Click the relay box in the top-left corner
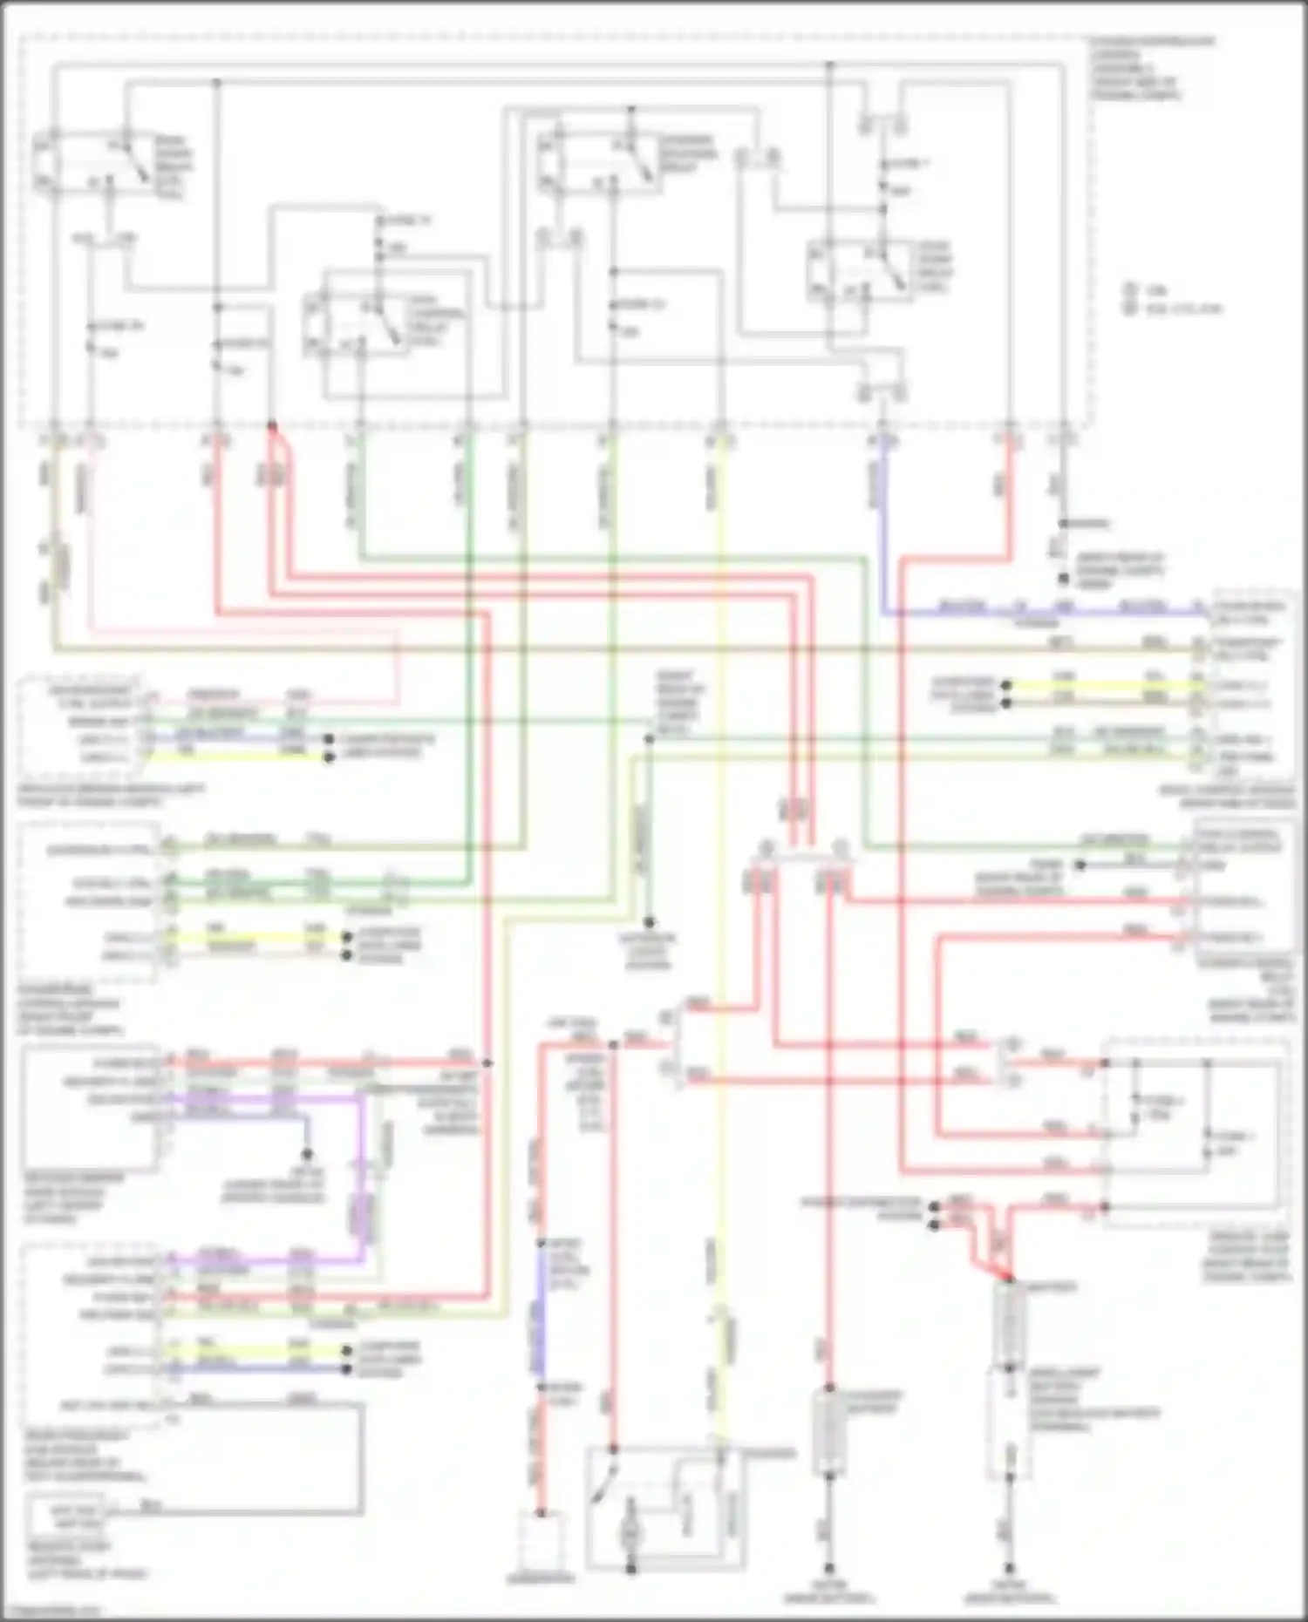(x=92, y=163)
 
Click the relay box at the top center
(x=597, y=163)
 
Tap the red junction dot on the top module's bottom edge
(x=272, y=426)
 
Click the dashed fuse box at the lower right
(x=1195, y=1133)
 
